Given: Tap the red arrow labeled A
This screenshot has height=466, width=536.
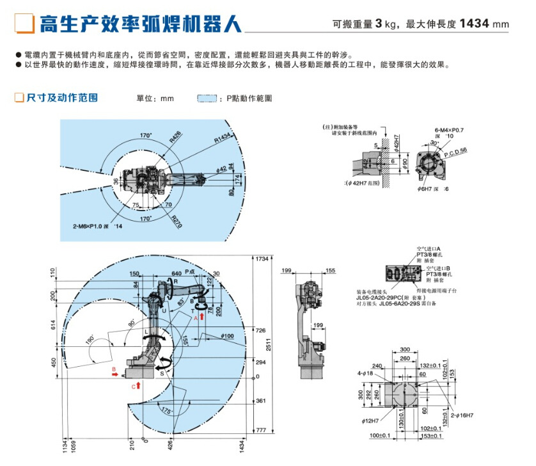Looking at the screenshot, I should click(x=202, y=317).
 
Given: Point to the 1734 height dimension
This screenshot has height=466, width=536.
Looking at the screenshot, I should click(x=261, y=259).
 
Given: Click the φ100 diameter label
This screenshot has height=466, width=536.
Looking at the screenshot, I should click(x=228, y=336).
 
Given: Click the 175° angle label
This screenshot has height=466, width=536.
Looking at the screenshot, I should click(x=168, y=410).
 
